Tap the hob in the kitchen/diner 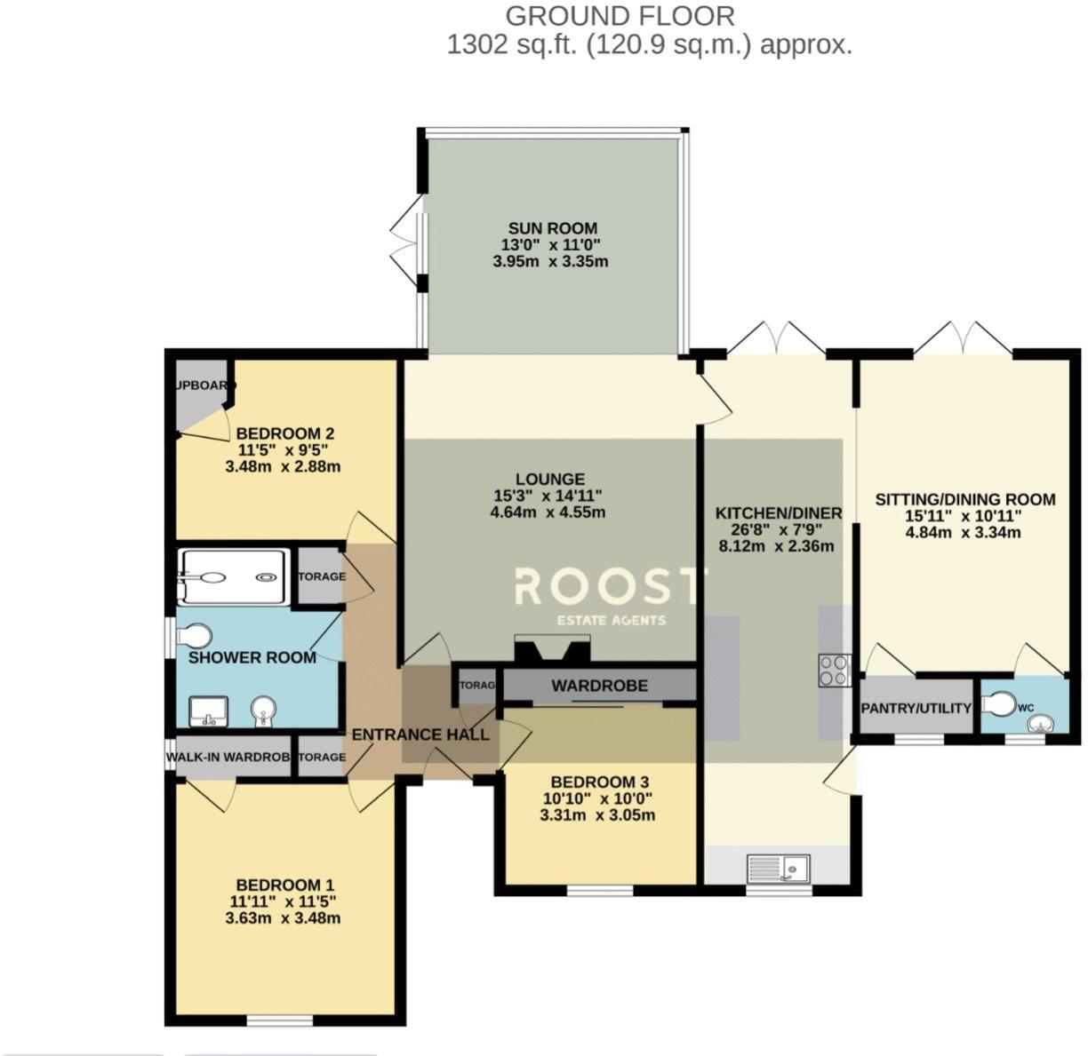coord(835,670)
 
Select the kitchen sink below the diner coord(780,867)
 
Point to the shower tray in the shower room coord(235,577)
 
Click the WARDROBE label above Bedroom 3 coord(599,686)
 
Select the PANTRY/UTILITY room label coord(916,708)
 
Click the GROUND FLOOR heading coord(620,15)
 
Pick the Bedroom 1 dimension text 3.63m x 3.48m coord(284,918)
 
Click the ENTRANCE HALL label coord(420,734)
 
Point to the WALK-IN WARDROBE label coord(228,758)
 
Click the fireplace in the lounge coord(552,649)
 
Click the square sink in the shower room coord(209,711)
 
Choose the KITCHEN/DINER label coord(779,513)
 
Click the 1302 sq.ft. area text coord(513,44)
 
